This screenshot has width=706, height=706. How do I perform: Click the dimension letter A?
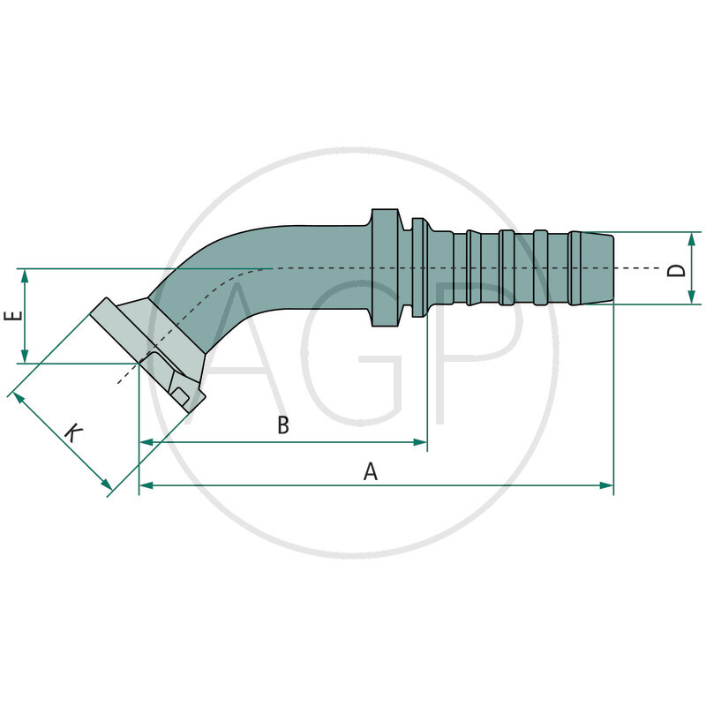371,471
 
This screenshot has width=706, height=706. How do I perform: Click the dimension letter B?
283,425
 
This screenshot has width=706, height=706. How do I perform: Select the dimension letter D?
676,267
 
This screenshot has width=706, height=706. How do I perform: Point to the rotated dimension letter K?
73,432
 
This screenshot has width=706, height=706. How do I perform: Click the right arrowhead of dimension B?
421,442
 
